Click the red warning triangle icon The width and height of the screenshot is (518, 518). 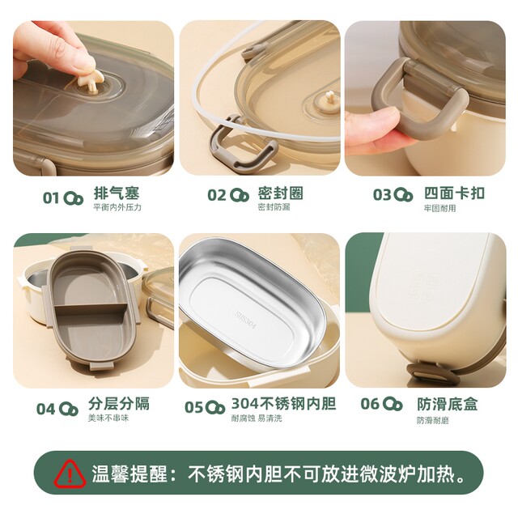coord(70,473)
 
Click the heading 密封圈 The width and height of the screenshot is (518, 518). coord(280,193)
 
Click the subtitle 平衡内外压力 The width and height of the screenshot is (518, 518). coord(117,208)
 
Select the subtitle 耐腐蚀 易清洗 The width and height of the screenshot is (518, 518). coord(257,418)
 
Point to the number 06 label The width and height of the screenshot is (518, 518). coord(370,404)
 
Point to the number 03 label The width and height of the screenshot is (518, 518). coord(382,194)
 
